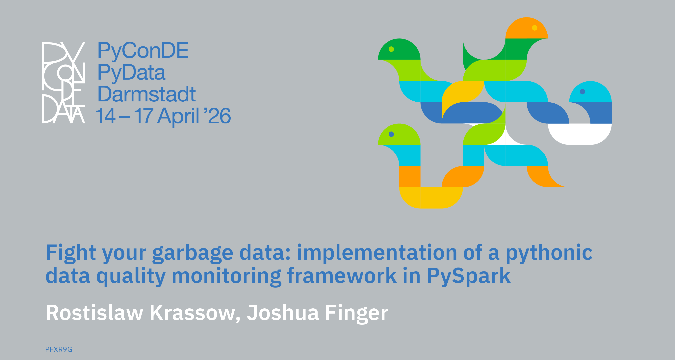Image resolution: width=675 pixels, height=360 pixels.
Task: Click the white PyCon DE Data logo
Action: pyautogui.click(x=64, y=83)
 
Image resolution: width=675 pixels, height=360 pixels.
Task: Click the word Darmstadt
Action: pyautogui.click(x=146, y=94)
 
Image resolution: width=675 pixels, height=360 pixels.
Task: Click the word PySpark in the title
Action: pyautogui.click(x=469, y=276)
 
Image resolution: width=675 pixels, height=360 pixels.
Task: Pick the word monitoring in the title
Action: pyautogui.click(x=226, y=276)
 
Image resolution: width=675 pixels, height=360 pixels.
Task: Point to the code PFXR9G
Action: pyautogui.click(x=59, y=349)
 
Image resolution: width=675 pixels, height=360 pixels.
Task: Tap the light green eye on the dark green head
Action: pyautogui.click(x=391, y=49)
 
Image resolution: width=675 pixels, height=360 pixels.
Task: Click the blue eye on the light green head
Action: pyautogui.click(x=391, y=134)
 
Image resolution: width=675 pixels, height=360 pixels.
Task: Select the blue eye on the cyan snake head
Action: pyautogui.click(x=583, y=91)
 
